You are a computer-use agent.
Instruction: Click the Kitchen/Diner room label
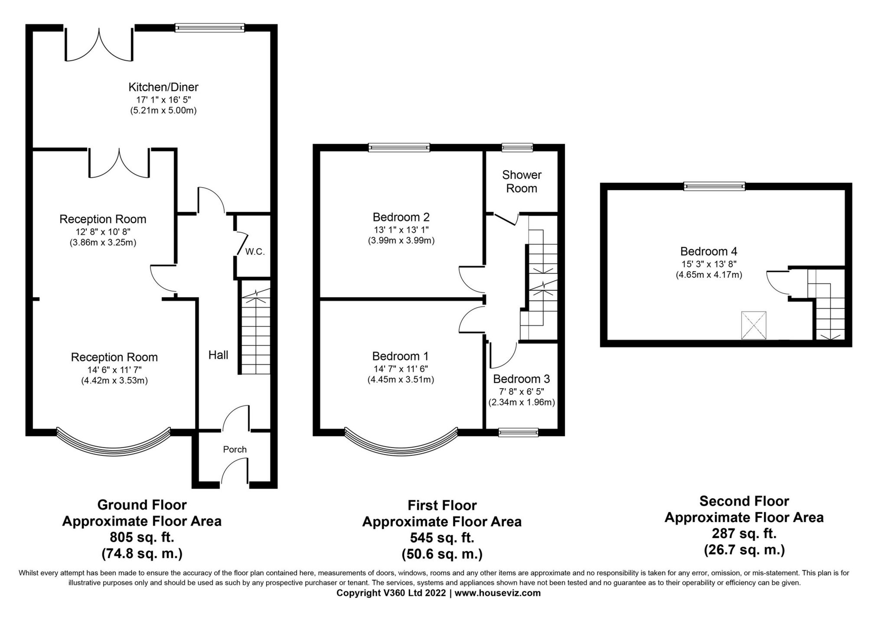(163, 87)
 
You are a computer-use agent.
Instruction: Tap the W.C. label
(255, 252)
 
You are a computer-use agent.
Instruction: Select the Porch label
(235, 449)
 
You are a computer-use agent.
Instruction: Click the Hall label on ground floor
(218, 355)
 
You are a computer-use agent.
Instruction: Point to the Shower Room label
(522, 182)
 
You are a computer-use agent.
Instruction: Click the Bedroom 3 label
(521, 379)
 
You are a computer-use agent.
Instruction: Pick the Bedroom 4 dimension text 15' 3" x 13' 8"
(708, 263)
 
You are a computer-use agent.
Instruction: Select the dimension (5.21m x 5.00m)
(163, 110)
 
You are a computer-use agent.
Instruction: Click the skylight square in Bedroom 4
(754, 325)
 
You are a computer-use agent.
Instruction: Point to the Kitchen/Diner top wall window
(210, 28)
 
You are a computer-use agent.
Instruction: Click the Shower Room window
(517, 148)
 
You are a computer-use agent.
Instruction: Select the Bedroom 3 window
(518, 432)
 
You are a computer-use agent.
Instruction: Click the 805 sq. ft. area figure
(142, 538)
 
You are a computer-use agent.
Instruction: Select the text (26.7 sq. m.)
(744, 550)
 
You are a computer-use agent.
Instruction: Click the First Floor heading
(442, 505)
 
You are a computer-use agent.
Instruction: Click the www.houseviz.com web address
(497, 593)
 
